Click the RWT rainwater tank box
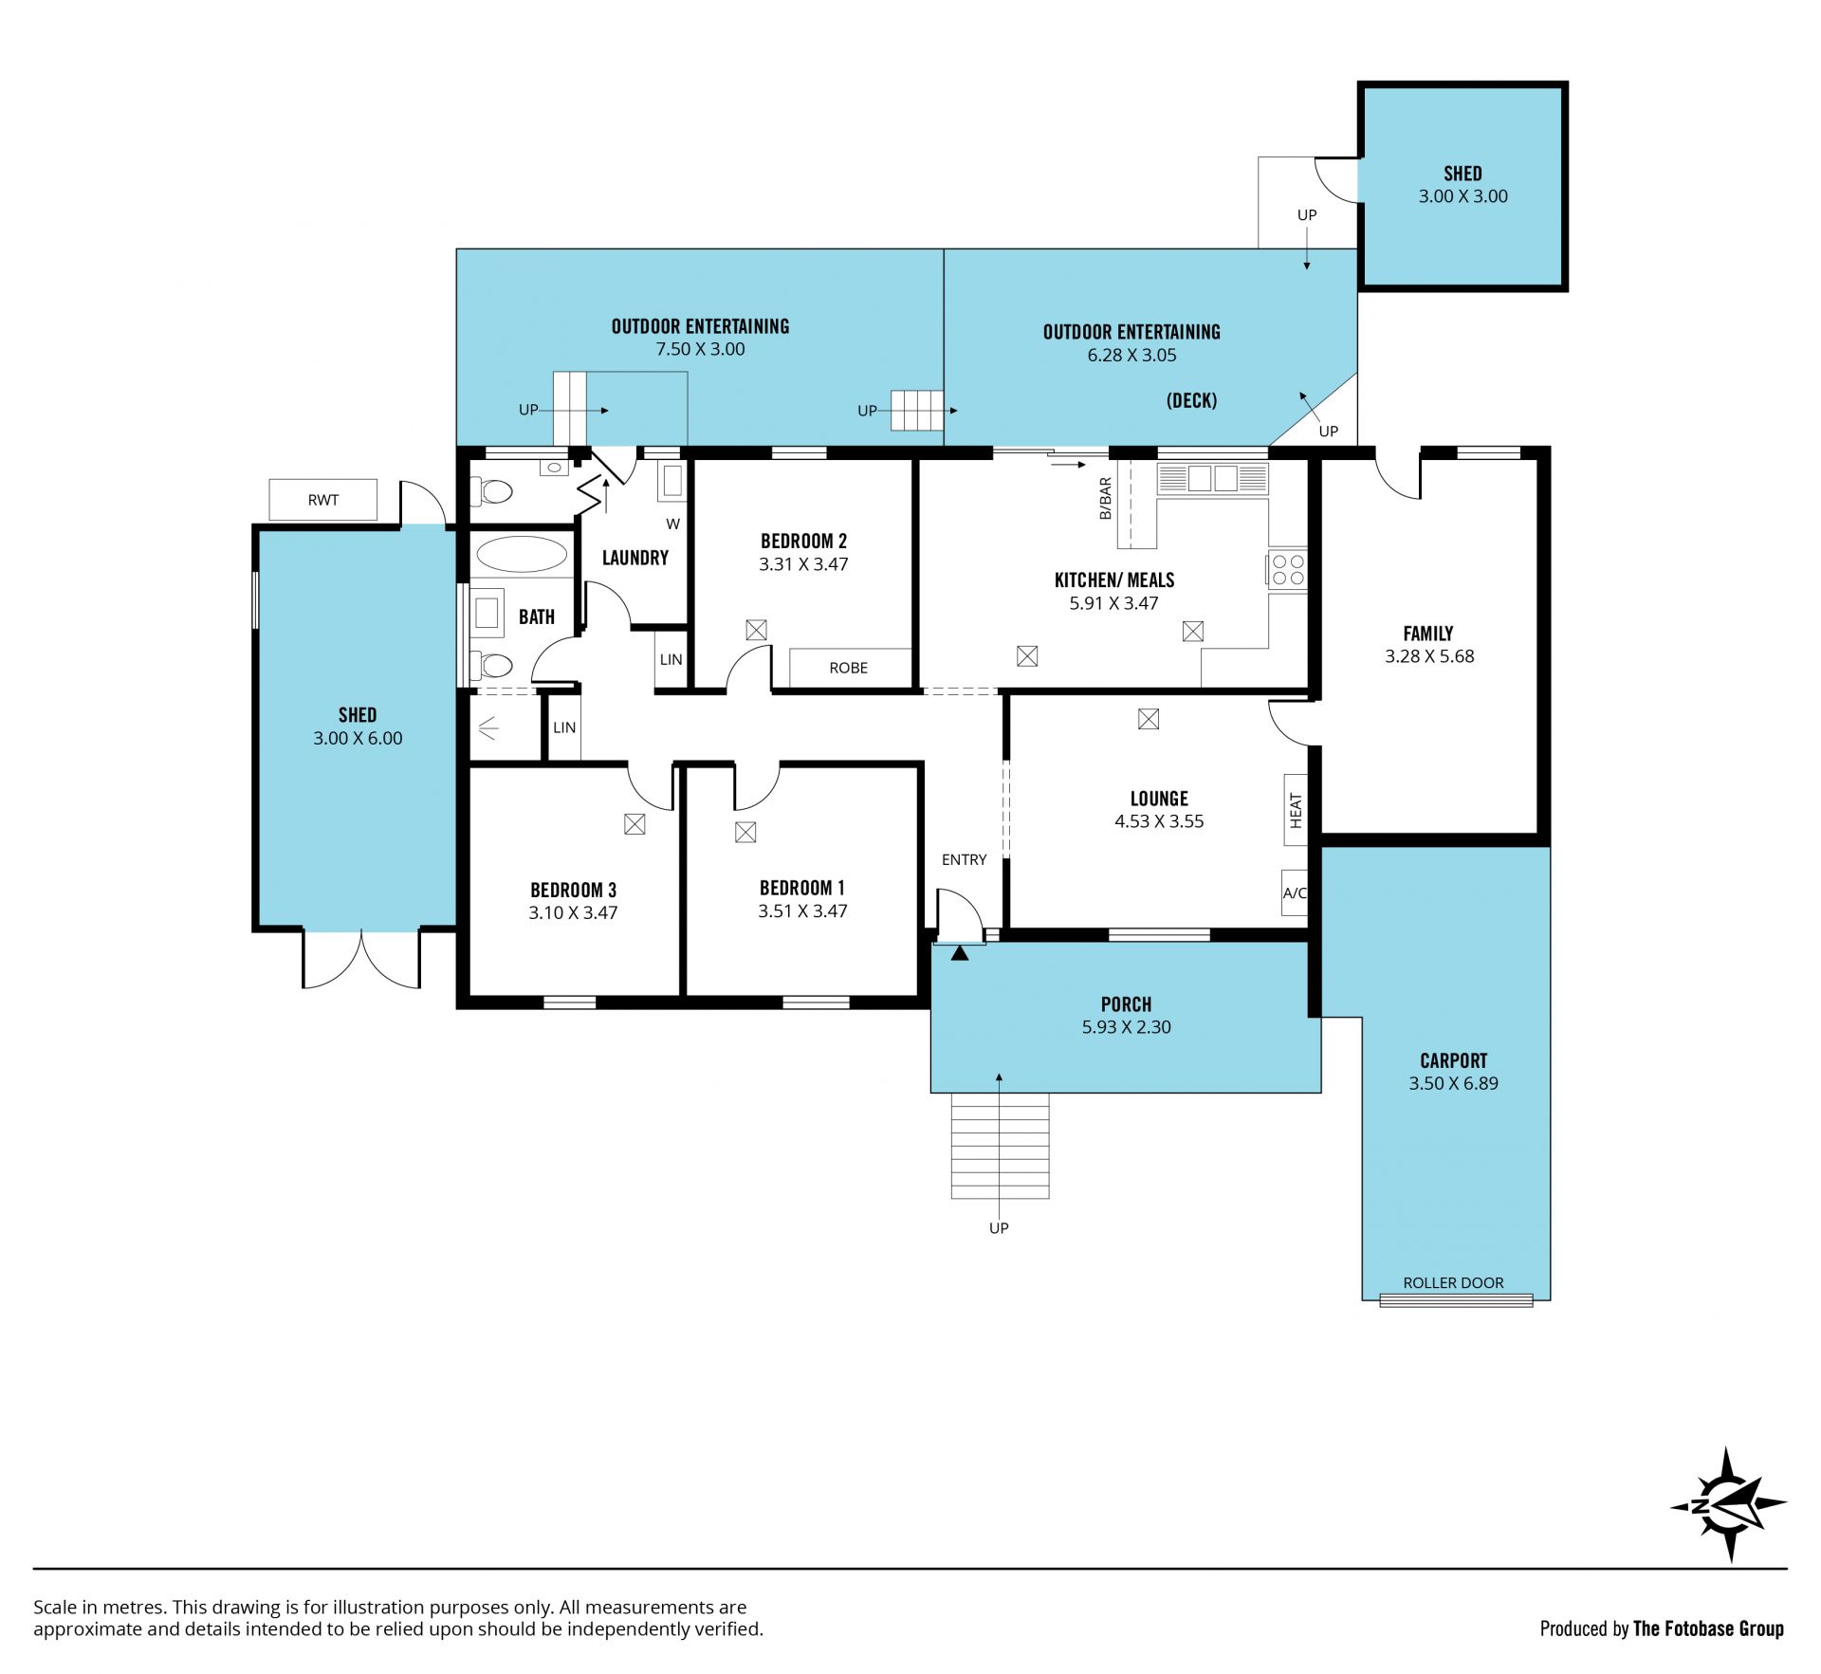(322, 500)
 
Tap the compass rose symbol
(1728, 1505)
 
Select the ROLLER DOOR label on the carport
(1453, 1282)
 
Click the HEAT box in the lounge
(1296, 809)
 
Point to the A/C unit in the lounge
(1295, 892)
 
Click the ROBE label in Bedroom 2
(848, 668)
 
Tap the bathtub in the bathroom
(522, 554)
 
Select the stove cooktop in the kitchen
(1287, 569)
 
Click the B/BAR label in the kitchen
(1105, 498)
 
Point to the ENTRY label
(964, 859)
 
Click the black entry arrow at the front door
(960, 952)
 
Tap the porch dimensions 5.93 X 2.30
(1126, 1026)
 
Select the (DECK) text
(1191, 400)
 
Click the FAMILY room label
(1427, 633)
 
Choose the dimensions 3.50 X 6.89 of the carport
(1453, 1083)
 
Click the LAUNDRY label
(635, 558)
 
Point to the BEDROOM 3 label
(573, 890)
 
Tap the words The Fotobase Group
(1708, 1628)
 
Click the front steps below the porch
(1000, 1146)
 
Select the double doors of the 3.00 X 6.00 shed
(361, 959)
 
